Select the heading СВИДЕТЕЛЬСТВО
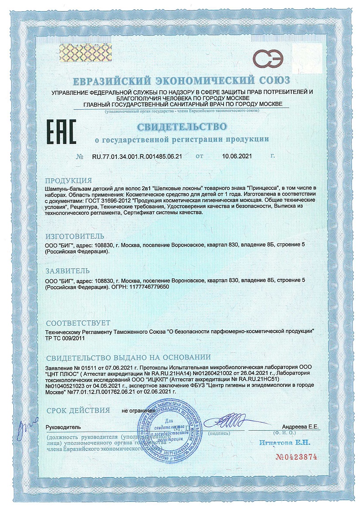(x=182, y=127)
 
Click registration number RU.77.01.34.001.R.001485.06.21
(x=137, y=156)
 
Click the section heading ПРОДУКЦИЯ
(x=69, y=181)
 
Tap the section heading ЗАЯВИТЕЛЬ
(x=68, y=270)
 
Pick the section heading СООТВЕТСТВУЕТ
(x=78, y=323)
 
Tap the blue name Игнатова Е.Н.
(x=285, y=442)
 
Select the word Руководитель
(x=63, y=427)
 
